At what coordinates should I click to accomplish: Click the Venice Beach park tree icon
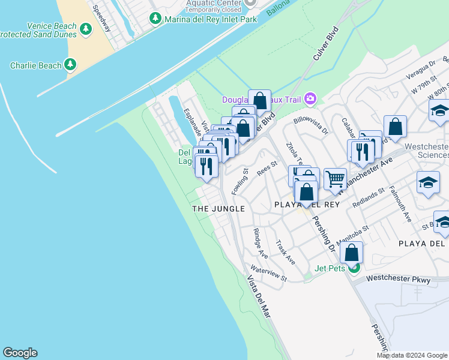click(x=86, y=28)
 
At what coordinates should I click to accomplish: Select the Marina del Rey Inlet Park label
click(x=211, y=19)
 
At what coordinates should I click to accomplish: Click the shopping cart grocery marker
click(x=335, y=178)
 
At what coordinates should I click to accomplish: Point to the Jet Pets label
click(x=330, y=268)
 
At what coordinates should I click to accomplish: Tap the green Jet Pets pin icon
click(x=355, y=268)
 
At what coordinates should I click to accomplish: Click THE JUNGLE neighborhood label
click(x=218, y=208)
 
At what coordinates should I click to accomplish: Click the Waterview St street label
click(x=269, y=274)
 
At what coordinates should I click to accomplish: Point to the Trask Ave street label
click(x=285, y=253)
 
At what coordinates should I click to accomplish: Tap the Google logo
click(x=20, y=353)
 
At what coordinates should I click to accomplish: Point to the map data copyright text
click(x=412, y=355)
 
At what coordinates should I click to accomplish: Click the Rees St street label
click(x=267, y=168)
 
